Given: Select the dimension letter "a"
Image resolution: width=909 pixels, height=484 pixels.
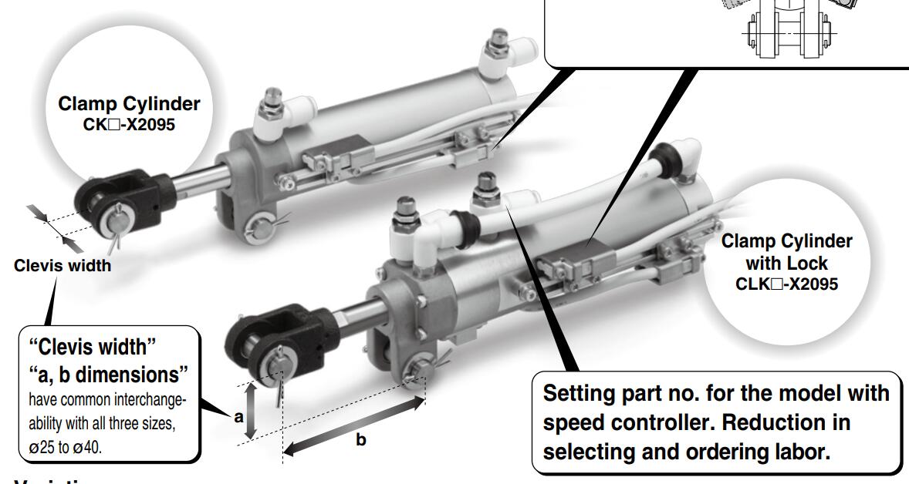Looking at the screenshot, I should [238, 417].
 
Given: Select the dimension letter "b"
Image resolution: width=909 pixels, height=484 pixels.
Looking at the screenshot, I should [360, 440].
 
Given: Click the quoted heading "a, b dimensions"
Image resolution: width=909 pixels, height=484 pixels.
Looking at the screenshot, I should [107, 376].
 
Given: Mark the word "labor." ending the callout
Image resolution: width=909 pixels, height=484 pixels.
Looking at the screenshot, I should [794, 452].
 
